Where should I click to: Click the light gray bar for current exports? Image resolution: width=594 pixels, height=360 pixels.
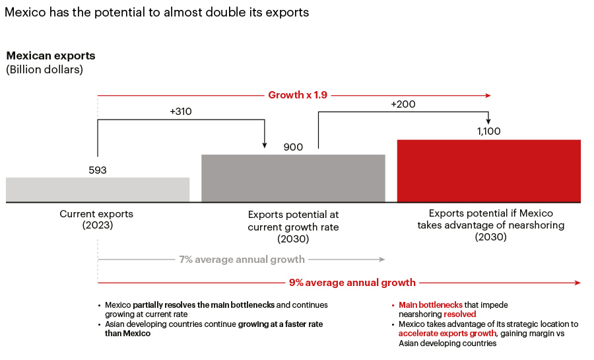(x=98, y=190)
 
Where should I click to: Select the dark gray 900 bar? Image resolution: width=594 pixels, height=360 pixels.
(x=293, y=178)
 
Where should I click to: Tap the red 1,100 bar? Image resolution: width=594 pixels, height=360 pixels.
(x=488, y=170)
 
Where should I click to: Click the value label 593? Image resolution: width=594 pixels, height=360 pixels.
(x=98, y=170)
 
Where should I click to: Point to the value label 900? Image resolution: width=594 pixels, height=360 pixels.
(x=293, y=147)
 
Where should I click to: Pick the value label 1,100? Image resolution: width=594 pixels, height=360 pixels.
(x=488, y=131)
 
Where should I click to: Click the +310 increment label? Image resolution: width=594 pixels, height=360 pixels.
(x=181, y=112)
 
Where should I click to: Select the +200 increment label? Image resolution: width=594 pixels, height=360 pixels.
(x=403, y=104)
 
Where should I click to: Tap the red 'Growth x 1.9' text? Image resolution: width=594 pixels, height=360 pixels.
(x=297, y=95)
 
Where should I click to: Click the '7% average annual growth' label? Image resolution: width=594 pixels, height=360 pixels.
(x=242, y=260)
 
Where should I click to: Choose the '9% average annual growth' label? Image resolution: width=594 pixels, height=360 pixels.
(x=352, y=283)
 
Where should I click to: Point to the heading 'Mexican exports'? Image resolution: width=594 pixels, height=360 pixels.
(x=51, y=56)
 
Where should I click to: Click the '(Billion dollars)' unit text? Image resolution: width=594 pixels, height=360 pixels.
(x=45, y=69)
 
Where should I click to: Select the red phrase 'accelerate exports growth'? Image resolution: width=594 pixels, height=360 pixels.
(x=447, y=334)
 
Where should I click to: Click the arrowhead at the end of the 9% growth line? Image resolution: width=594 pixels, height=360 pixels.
(x=578, y=283)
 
